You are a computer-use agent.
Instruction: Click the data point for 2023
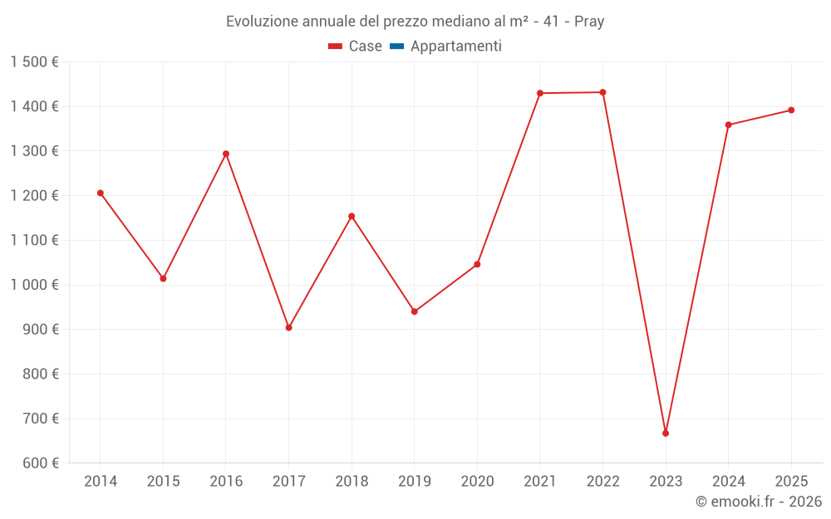click(666, 433)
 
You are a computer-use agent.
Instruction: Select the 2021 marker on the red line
click(540, 93)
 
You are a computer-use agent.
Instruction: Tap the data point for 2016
click(226, 154)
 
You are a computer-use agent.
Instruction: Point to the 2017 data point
click(289, 328)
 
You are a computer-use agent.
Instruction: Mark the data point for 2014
click(101, 193)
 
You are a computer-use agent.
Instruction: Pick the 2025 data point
click(791, 110)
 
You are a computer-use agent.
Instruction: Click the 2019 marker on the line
click(415, 311)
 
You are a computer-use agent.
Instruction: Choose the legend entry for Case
click(355, 46)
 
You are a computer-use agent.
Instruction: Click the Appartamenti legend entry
click(445, 46)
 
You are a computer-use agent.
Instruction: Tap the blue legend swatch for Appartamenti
click(397, 46)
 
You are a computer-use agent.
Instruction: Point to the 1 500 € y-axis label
click(35, 62)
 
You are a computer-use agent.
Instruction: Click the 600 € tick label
click(41, 463)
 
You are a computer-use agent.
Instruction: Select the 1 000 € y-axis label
click(35, 285)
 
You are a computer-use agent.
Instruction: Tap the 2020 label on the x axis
click(478, 482)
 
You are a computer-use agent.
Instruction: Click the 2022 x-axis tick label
click(603, 482)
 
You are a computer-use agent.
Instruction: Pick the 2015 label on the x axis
click(163, 482)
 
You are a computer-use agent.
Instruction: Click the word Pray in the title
click(589, 22)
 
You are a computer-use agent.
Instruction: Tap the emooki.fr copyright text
click(759, 501)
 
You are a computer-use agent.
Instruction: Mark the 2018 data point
click(352, 216)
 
